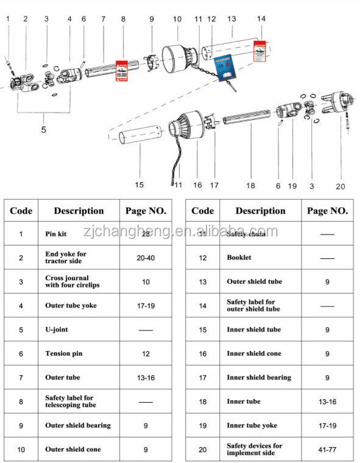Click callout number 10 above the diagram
[177, 19]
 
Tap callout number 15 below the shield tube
[139, 185]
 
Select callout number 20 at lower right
[340, 186]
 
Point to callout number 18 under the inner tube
[251, 185]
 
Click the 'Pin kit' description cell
[79, 233]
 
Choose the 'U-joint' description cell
[79, 330]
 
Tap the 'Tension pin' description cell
[79, 353]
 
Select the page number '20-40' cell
[146, 258]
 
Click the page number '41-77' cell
[327, 450]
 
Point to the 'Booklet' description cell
[260, 258]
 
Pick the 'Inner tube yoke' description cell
[260, 425]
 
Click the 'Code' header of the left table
[21, 211]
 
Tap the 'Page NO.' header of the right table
[327, 211]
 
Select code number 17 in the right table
[202, 378]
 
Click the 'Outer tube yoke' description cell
[79, 306]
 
